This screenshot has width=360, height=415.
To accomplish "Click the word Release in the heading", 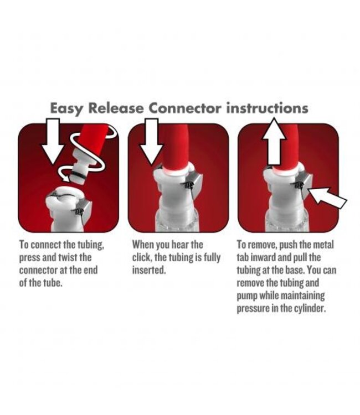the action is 116,108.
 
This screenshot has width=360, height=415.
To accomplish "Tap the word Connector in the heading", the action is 184,108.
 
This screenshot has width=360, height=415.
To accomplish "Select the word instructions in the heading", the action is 267,108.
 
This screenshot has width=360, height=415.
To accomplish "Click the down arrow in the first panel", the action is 53,141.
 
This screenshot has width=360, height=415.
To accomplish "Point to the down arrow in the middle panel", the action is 152,142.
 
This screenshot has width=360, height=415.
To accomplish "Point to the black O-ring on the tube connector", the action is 78,176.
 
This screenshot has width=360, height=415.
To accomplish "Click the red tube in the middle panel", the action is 177,148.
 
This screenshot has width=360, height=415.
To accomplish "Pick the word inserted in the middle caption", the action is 149,270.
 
